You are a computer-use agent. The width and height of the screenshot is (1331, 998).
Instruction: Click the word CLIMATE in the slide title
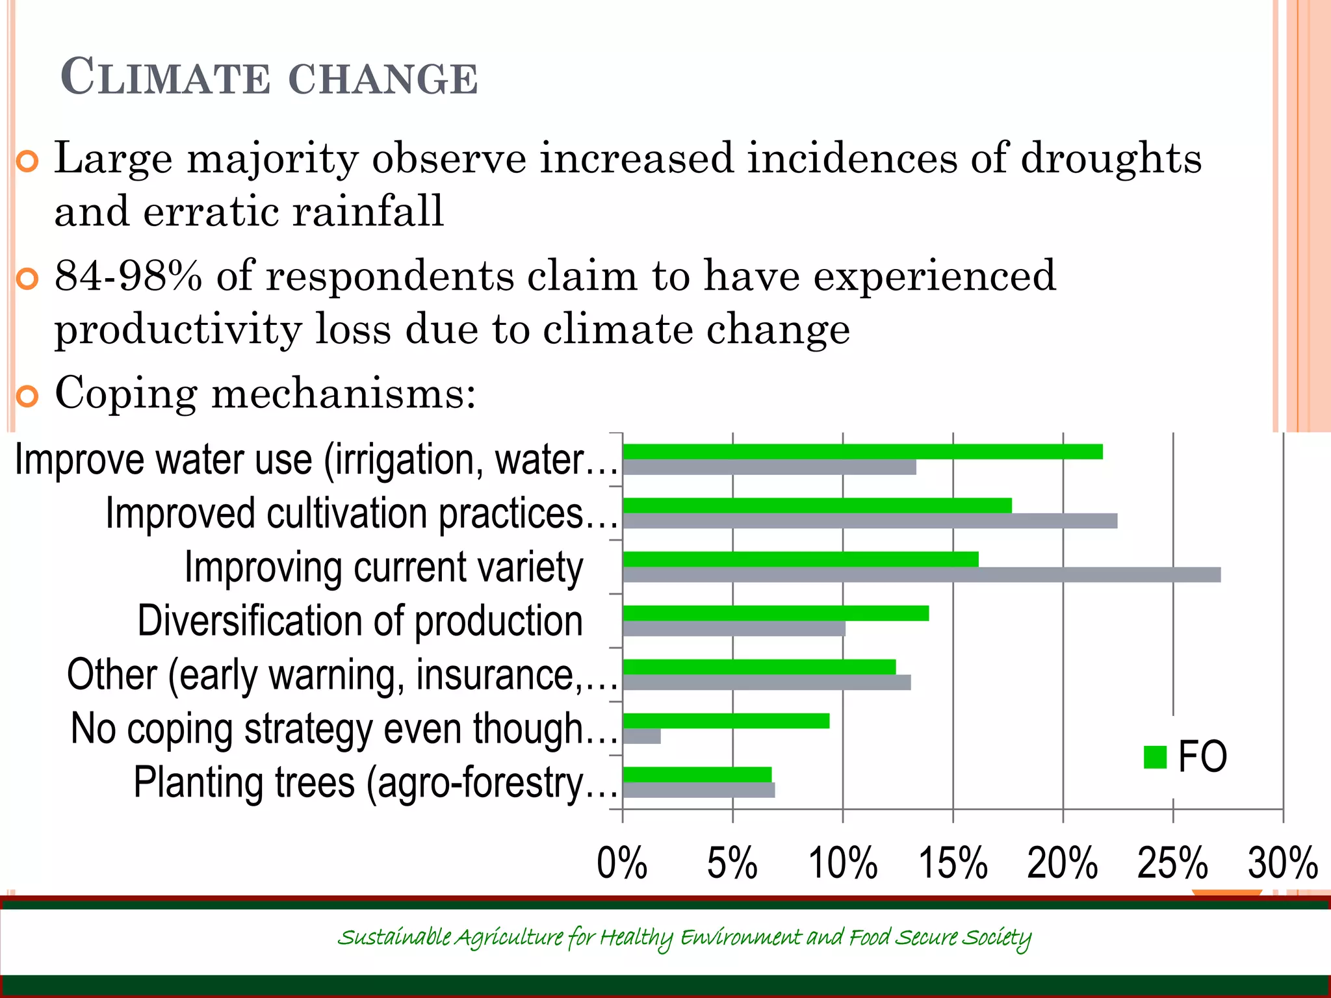point(165,77)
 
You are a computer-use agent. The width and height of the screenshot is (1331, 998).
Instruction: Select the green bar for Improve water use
point(862,452)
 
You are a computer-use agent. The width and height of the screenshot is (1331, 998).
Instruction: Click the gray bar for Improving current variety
point(921,575)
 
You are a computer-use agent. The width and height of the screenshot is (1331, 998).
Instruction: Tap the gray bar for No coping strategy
point(641,736)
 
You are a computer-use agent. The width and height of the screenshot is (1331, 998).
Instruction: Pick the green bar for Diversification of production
point(775,613)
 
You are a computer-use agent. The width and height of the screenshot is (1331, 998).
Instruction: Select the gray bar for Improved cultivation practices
point(870,521)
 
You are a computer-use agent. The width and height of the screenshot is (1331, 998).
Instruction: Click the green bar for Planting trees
point(697,774)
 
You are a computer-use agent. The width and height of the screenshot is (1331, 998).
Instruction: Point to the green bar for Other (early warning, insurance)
point(758,667)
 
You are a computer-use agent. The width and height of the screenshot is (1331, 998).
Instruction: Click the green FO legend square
point(1155,757)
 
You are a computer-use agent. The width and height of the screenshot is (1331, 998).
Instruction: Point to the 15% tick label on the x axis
point(953,864)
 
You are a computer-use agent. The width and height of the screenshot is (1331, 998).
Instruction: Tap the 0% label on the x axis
point(622,864)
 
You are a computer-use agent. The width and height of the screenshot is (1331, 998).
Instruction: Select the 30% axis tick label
point(1282,864)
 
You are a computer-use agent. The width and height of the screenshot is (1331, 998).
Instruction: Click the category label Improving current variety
point(383,567)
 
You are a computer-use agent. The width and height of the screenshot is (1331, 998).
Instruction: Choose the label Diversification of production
point(360,621)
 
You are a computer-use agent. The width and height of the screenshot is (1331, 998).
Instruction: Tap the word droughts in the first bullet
point(1111,159)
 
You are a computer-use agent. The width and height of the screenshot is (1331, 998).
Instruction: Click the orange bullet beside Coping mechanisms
point(27,396)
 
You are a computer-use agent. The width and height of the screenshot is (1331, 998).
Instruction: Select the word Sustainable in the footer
point(393,937)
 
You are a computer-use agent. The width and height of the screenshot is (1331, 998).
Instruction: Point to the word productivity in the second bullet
point(177,330)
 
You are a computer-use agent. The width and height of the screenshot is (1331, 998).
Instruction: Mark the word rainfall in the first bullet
point(368,212)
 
